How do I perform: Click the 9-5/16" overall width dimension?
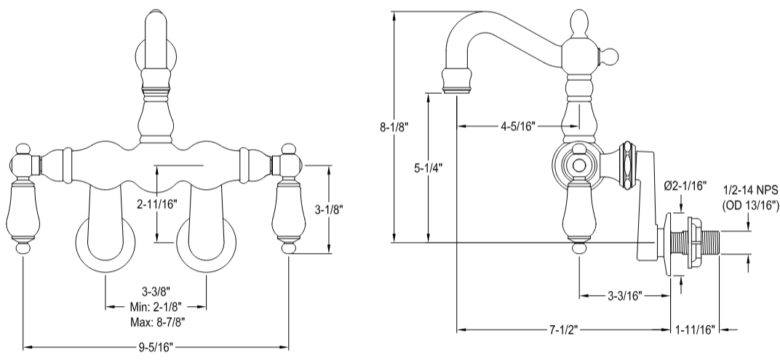coord(156,347)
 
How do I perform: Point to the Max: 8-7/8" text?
coord(156,321)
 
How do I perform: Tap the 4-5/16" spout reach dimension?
coord(518,126)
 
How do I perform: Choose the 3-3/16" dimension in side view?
coord(624,296)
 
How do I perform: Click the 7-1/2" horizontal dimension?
coord(562,329)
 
